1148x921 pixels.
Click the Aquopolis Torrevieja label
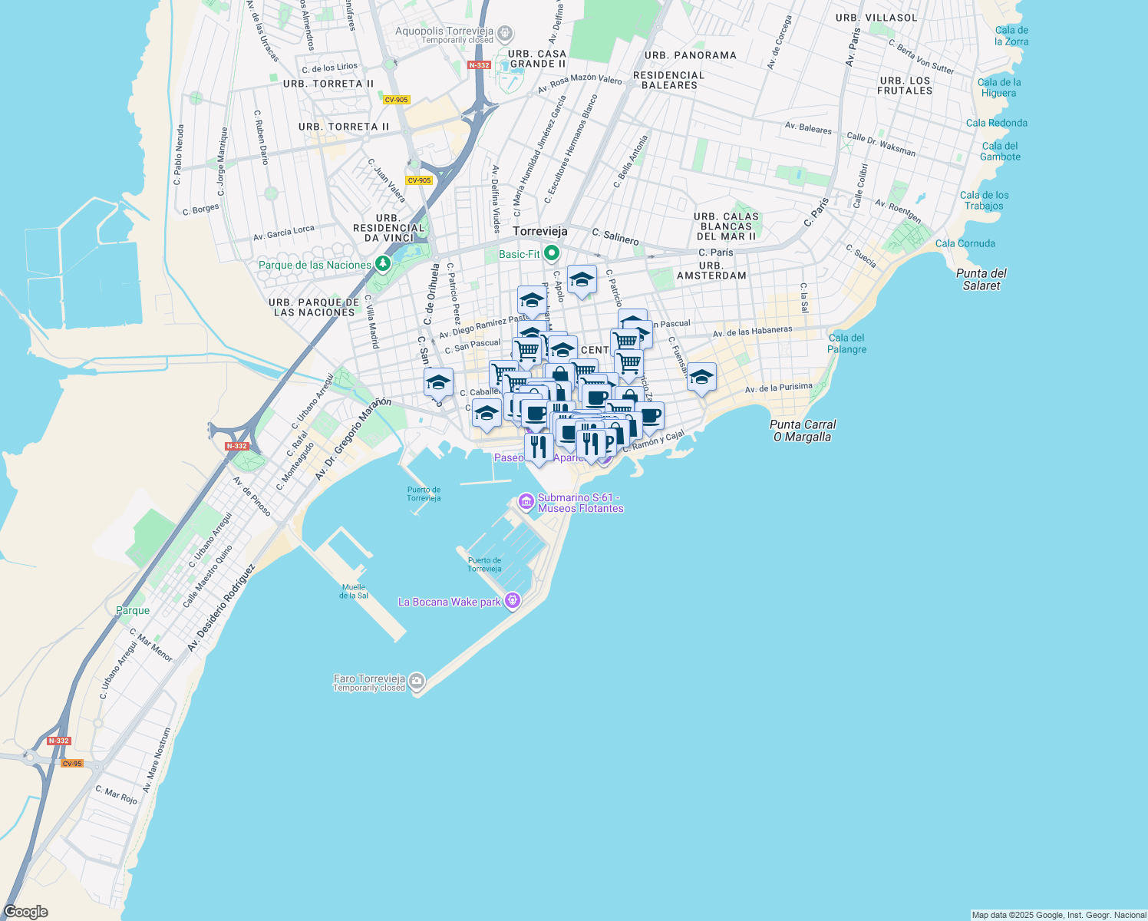tap(444, 31)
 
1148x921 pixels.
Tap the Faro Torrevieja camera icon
tap(417, 680)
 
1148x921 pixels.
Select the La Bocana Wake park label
tap(450, 602)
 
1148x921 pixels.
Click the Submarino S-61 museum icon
tap(526, 502)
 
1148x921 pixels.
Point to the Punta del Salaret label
tap(981, 279)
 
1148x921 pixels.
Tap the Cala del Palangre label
tap(846, 343)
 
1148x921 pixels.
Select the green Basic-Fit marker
tap(551, 253)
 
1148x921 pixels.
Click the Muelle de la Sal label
tap(354, 591)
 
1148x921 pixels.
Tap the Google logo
tap(26, 912)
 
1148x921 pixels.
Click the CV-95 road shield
tap(72, 764)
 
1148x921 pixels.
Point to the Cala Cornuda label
tap(965, 243)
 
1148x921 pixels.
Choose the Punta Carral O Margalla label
tap(803, 431)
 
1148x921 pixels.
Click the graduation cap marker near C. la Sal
tap(701, 378)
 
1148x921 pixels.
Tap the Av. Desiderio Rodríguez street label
tap(221, 609)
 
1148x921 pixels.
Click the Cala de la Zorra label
tap(1011, 36)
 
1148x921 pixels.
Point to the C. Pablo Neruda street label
tap(178, 155)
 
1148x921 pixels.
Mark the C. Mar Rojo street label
tap(116, 794)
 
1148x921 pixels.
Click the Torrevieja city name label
tap(540, 231)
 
